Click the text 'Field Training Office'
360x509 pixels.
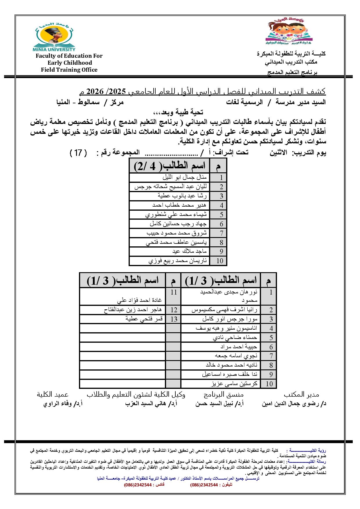coord(69,70)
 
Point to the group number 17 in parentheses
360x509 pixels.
coord(78,153)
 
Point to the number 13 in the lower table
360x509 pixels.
coord(174,319)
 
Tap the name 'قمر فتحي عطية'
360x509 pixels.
coord(144,319)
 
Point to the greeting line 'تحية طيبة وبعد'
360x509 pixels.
coord(178,112)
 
